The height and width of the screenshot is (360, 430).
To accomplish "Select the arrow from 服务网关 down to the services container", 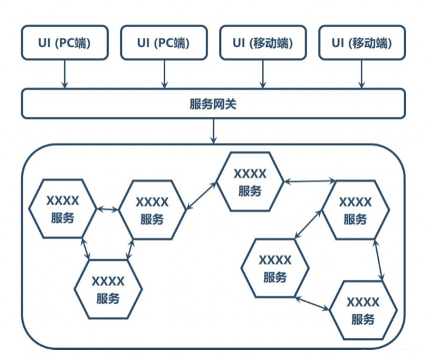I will click(x=214, y=132).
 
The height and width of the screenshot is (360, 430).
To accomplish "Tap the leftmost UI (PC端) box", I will click(x=64, y=43).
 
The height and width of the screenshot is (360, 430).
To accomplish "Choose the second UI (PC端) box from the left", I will click(x=163, y=43).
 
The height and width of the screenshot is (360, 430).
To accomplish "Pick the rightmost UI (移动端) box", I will click(x=362, y=43).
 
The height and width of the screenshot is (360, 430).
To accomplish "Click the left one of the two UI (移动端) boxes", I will click(x=263, y=43).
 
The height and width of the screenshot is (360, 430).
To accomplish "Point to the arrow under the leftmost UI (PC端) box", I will click(x=64, y=74).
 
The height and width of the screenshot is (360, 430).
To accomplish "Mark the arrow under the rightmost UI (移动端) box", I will click(x=362, y=74).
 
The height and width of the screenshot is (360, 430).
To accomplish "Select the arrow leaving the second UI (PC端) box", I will click(x=164, y=74).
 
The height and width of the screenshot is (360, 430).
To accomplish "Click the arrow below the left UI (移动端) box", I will click(x=263, y=74).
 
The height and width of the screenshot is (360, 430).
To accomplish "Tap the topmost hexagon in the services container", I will click(x=250, y=181).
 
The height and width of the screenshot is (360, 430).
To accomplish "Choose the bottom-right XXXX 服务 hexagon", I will click(x=363, y=311).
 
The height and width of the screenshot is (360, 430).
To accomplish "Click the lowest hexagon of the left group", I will click(x=108, y=290).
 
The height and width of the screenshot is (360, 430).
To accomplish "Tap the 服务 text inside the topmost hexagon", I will click(x=250, y=190).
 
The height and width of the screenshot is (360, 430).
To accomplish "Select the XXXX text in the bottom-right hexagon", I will click(x=363, y=302).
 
